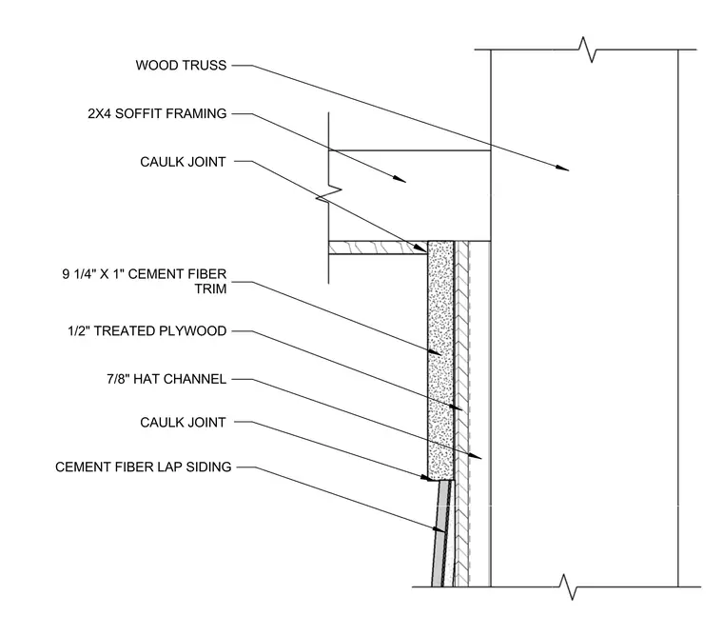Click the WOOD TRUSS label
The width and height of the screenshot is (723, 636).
point(181,65)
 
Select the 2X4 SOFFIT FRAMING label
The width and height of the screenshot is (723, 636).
point(157,113)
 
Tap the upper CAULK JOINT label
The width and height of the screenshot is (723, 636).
point(183,162)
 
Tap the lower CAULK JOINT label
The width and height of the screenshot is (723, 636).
point(183,423)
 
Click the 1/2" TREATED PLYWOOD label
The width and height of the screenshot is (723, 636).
point(147,331)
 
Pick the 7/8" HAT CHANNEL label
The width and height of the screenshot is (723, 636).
point(166,379)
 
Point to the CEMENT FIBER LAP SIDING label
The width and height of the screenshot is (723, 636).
point(144,467)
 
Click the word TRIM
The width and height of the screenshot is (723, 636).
point(211,288)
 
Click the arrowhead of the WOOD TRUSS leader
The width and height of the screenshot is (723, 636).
point(561,168)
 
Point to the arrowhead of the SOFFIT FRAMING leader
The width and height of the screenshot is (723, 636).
point(399,179)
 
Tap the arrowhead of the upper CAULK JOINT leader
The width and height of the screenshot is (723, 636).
point(420,248)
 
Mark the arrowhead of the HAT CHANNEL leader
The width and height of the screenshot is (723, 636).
point(475,456)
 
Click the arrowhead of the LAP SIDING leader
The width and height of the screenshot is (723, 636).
point(440,529)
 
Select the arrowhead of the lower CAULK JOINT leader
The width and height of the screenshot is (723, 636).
point(427,478)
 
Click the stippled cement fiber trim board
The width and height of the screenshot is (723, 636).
point(440,361)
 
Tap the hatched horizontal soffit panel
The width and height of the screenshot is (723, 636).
point(378,248)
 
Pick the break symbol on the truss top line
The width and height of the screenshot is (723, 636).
point(587,50)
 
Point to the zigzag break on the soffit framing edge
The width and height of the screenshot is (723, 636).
point(328,193)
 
